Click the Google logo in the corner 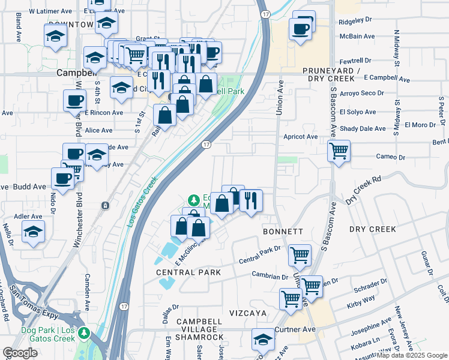pos(20,353)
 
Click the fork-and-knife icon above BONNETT pos(251,200)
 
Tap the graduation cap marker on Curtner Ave pos(263,340)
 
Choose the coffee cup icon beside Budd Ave pos(63,178)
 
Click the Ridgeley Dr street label pos(356,20)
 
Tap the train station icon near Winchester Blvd pos(106,206)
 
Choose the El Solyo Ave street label pos(358,112)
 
